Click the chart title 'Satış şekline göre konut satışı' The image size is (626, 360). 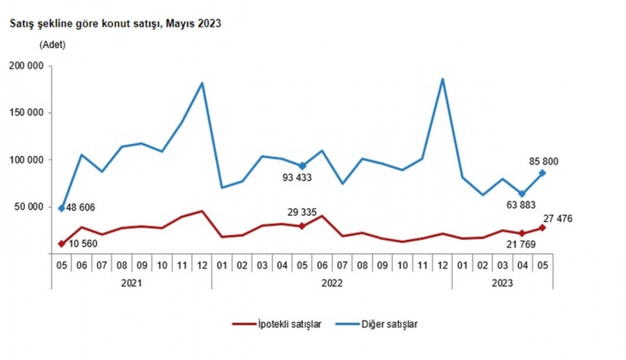pyautogui.click(x=115, y=24)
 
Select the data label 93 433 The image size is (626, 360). pyautogui.click(x=301, y=178)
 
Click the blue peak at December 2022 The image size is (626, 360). pyautogui.click(x=442, y=80)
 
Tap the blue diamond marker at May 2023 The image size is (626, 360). pyautogui.click(x=541, y=173)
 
